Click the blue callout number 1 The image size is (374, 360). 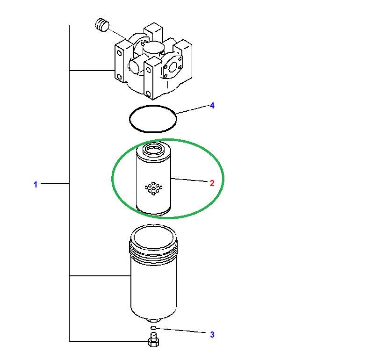point(36,184)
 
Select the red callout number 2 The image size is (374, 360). point(212,183)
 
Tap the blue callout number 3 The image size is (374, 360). point(212,334)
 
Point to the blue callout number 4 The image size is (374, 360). point(212,106)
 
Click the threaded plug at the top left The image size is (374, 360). point(102,25)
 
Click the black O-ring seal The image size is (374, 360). point(129,119)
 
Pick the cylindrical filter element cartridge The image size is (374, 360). point(153,178)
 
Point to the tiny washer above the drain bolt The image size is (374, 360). point(154,328)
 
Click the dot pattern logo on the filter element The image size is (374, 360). point(154,188)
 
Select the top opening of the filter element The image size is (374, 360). point(154,149)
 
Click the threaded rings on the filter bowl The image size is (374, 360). point(154,251)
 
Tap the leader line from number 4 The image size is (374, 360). point(193,109)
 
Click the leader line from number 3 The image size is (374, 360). point(181,331)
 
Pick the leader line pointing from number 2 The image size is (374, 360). point(189,180)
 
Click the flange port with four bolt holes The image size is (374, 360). point(173,65)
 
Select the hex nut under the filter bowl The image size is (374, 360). point(154,320)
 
